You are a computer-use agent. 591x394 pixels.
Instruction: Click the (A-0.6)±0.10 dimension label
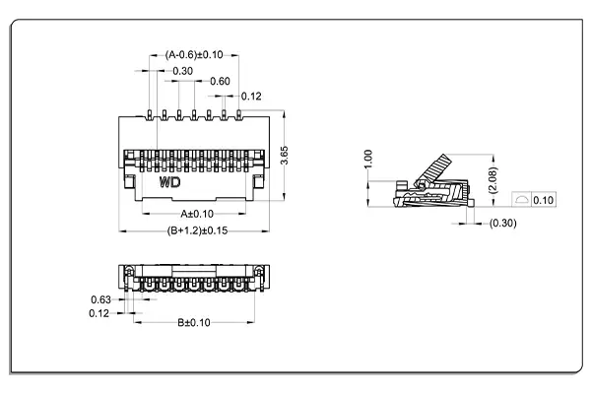195,55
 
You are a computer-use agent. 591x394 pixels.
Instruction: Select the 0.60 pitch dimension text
220,81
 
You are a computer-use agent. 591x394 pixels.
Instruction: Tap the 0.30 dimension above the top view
182,71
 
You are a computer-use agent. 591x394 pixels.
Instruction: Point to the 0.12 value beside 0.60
250,96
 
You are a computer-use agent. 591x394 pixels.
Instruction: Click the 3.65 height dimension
284,156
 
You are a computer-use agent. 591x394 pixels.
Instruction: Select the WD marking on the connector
168,183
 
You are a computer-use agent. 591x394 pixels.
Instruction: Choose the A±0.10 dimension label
196,213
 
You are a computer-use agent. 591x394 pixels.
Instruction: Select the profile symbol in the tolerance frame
520,200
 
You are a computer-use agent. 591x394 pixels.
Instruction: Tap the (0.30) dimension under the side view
502,224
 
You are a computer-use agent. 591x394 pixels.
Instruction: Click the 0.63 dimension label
99,299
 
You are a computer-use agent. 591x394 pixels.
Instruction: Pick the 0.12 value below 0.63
99,313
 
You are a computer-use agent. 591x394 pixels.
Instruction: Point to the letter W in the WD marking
164,183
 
